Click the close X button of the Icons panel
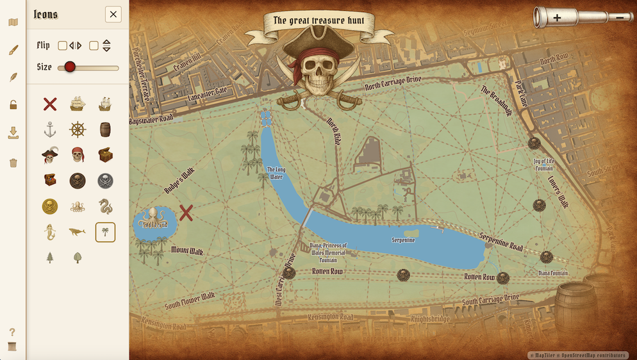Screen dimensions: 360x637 point(113,14)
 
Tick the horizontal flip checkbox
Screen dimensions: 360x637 point(62,45)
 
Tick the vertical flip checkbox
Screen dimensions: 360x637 point(94,45)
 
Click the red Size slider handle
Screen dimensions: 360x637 point(70,67)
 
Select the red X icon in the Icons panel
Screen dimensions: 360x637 point(50,103)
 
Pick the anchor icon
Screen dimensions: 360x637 point(50,129)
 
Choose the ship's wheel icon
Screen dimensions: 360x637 point(78,129)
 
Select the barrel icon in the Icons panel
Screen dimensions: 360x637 point(105,129)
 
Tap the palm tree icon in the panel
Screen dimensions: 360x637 point(105,232)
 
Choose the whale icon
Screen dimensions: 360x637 point(78,232)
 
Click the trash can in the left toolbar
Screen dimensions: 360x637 point(13,163)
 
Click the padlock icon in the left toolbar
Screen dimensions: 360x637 point(13,105)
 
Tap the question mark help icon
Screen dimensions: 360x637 point(12,332)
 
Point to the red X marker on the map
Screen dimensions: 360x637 point(186,213)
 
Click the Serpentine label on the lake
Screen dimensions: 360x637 point(404,240)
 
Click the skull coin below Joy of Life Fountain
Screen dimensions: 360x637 point(539,205)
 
